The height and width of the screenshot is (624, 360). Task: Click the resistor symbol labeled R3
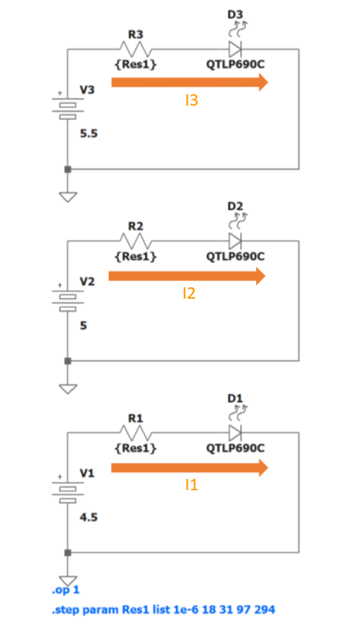(135, 49)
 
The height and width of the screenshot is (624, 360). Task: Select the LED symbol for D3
(235, 49)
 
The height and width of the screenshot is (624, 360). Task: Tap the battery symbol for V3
(68, 108)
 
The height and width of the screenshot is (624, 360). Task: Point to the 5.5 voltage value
(89, 134)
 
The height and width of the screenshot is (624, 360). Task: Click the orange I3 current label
(191, 100)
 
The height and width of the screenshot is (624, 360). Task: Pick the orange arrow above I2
(187, 276)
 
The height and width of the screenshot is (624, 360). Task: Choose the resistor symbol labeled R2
(135, 241)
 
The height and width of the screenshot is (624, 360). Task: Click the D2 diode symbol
(235, 241)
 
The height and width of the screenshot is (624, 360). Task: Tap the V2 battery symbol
(68, 299)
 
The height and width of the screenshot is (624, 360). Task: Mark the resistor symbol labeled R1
(135, 433)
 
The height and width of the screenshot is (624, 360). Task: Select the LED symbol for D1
(235, 433)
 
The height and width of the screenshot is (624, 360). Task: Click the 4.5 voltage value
(89, 518)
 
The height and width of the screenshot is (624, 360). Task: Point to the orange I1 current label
(191, 485)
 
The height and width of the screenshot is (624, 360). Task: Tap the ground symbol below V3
(68, 197)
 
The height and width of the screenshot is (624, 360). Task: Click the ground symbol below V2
(68, 388)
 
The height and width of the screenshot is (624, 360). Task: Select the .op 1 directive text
(65, 590)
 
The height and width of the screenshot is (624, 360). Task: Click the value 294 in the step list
(264, 610)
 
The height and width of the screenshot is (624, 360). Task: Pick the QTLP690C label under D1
(235, 448)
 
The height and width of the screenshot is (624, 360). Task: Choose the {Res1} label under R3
(135, 65)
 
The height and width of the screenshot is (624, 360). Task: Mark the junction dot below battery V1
(68, 553)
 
